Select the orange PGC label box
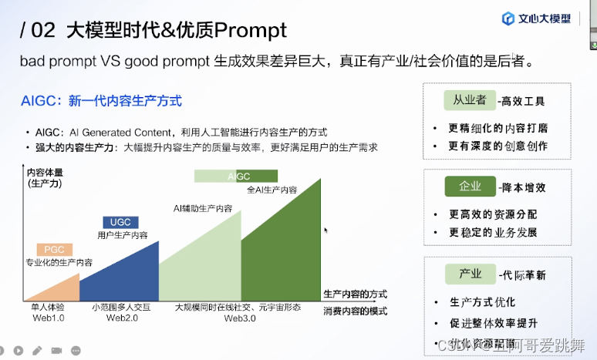click(54, 250)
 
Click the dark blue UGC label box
click(121, 222)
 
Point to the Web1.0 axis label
click(48, 318)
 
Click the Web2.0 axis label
click(121, 318)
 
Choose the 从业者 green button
click(469, 100)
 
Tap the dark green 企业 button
click(470, 187)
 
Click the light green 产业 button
click(470, 274)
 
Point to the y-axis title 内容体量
click(45, 172)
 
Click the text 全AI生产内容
click(272, 190)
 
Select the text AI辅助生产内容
click(202, 208)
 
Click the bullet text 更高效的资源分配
click(493, 214)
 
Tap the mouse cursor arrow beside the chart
click(326, 230)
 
